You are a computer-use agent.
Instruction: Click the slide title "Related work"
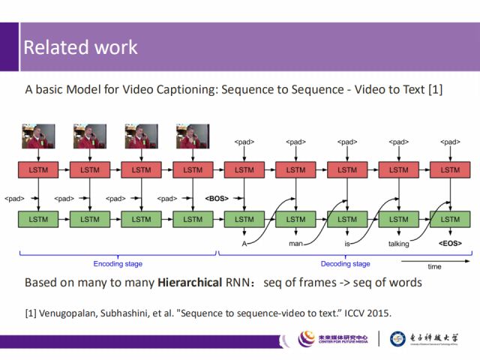tap(80, 47)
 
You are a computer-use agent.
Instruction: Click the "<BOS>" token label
tap(217, 199)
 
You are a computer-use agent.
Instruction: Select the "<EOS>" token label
tap(449, 243)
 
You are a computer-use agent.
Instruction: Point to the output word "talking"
tap(399, 244)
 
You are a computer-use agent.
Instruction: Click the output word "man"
tap(295, 244)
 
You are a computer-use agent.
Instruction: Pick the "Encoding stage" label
tap(118, 264)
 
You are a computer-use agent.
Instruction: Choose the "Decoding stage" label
tap(346, 264)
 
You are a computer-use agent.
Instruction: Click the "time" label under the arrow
tap(435, 267)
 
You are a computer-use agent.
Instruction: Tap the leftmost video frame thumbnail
tap(38, 136)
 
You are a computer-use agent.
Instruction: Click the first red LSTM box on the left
tap(38, 170)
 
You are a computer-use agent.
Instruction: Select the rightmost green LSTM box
tap(450, 219)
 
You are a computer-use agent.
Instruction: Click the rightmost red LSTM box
tap(450, 170)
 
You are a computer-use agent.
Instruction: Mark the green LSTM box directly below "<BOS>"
tap(244, 219)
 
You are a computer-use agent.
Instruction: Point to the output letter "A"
tap(244, 244)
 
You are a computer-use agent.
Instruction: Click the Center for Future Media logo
tap(333, 339)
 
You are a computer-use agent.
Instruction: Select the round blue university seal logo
tap(397, 339)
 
